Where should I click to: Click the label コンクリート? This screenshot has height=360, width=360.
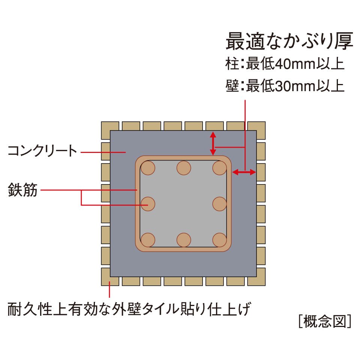[42, 151]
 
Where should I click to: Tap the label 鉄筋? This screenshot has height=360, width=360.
[22, 190]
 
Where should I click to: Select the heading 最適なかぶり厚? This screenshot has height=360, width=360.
[289, 41]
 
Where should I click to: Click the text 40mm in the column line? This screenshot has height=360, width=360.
[295, 64]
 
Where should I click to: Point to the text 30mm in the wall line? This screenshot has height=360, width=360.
[295, 86]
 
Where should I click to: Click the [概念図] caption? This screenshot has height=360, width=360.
[325, 321]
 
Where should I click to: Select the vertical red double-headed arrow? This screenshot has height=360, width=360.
[213, 143]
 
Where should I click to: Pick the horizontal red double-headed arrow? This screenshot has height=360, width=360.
[244, 172]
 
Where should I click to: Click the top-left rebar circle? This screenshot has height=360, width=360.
[148, 168]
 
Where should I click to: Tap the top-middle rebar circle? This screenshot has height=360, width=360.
[184, 168]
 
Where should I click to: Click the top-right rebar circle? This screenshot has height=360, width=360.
[220, 168]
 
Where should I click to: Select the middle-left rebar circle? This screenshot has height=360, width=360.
[148, 204]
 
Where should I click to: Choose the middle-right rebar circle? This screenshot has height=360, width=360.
[220, 204]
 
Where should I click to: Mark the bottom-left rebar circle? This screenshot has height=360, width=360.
[148, 240]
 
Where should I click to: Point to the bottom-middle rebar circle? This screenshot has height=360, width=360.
[184, 240]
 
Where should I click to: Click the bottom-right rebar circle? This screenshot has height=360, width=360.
[220, 240]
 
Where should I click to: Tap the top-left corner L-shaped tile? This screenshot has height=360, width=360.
[106, 126]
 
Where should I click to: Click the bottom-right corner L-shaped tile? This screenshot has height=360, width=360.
[261, 281]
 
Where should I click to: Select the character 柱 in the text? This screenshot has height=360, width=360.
[232, 64]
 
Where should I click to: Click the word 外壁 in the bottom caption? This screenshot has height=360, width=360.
[126, 309]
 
